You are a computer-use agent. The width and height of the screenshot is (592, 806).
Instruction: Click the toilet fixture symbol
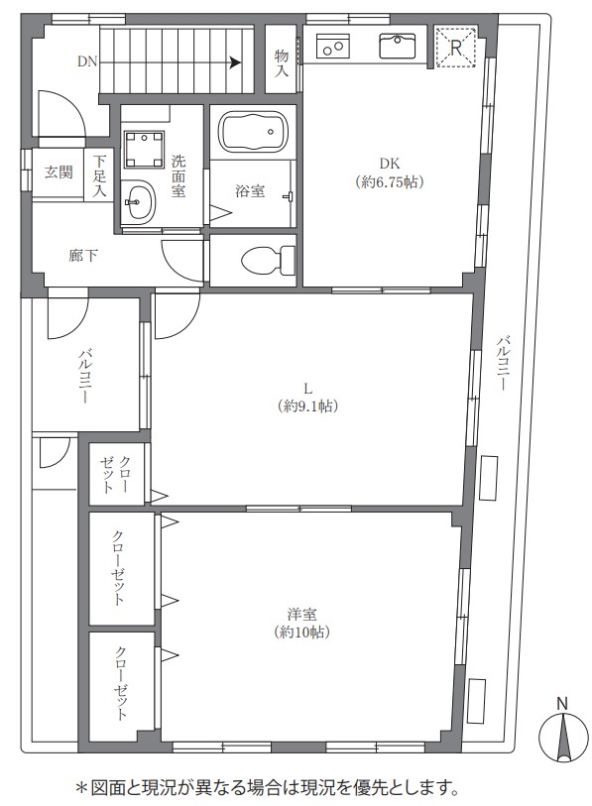266,260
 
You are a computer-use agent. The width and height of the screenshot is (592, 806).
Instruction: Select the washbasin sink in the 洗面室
141,204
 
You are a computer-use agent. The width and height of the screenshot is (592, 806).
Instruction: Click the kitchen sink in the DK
402,45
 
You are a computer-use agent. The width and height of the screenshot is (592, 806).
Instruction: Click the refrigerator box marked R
456,49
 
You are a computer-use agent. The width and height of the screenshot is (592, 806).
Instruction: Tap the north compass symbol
562,738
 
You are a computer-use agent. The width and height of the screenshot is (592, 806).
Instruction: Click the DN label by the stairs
87,61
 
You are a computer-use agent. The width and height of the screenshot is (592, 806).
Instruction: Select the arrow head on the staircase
236,61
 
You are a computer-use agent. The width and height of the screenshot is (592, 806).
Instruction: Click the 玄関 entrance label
59,173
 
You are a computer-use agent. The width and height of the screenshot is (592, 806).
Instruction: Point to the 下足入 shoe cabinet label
99,174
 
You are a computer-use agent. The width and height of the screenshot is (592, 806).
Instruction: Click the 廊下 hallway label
82,255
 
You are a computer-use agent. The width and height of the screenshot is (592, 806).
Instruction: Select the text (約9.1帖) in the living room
307,405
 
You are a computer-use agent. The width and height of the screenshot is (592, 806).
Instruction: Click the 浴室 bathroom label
249,190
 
